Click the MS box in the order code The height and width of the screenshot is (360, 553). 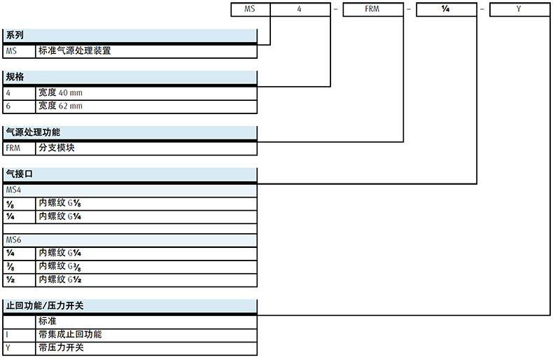tap(251, 11)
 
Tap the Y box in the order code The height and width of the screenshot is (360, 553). tap(519, 11)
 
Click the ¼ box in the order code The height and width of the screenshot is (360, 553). tap(446, 11)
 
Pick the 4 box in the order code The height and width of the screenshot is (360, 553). tap(300, 11)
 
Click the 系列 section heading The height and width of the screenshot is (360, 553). tap(15, 35)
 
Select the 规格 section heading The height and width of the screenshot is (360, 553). tap(15, 76)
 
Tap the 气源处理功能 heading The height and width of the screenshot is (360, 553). tap(33, 132)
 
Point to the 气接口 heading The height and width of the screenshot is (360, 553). tap(20, 173)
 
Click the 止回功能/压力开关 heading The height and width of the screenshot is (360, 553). tap(45, 305)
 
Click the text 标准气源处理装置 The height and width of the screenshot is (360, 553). tap(75, 50)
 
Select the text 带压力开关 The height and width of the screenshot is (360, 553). tap(62, 347)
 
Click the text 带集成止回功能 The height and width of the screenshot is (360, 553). tap(71, 334)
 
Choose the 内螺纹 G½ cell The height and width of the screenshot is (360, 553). tap(65, 279)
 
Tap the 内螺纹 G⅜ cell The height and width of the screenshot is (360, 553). tap(65, 266)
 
